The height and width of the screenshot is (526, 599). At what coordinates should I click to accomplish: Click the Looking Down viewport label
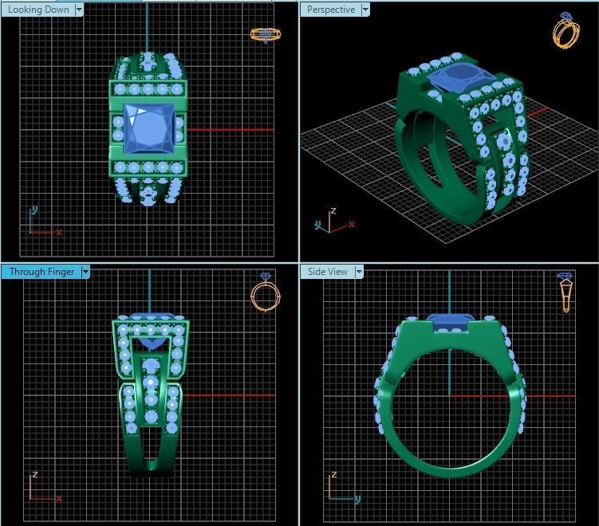pyautogui.click(x=37, y=10)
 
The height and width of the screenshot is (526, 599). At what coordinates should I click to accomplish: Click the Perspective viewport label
pyautogui.click(x=330, y=10)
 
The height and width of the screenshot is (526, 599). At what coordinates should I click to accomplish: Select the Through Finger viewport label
pyautogui.click(x=41, y=272)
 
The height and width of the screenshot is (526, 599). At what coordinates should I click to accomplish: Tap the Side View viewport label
pyautogui.click(x=328, y=272)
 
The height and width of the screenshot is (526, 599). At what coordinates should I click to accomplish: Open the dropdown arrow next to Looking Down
pyautogui.click(x=78, y=10)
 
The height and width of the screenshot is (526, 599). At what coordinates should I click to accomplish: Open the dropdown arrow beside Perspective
pyautogui.click(x=365, y=10)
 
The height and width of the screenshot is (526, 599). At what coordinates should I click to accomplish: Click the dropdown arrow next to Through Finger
pyautogui.click(x=85, y=272)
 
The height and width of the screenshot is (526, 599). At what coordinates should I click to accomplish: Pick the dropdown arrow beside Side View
pyautogui.click(x=359, y=272)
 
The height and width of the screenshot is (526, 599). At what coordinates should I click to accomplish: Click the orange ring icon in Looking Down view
pyautogui.click(x=265, y=34)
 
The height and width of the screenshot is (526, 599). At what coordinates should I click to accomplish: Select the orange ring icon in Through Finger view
pyautogui.click(x=265, y=292)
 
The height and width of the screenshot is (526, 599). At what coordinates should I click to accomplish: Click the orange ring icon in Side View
pyautogui.click(x=566, y=292)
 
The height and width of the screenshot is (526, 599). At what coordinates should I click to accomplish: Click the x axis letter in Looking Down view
pyautogui.click(x=59, y=232)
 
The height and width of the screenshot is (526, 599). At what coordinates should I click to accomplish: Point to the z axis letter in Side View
pyautogui.click(x=332, y=475)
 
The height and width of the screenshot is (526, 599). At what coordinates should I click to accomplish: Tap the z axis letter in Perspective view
pyautogui.click(x=333, y=211)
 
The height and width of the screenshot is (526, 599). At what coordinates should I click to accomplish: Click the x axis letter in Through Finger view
pyautogui.click(x=59, y=499)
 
